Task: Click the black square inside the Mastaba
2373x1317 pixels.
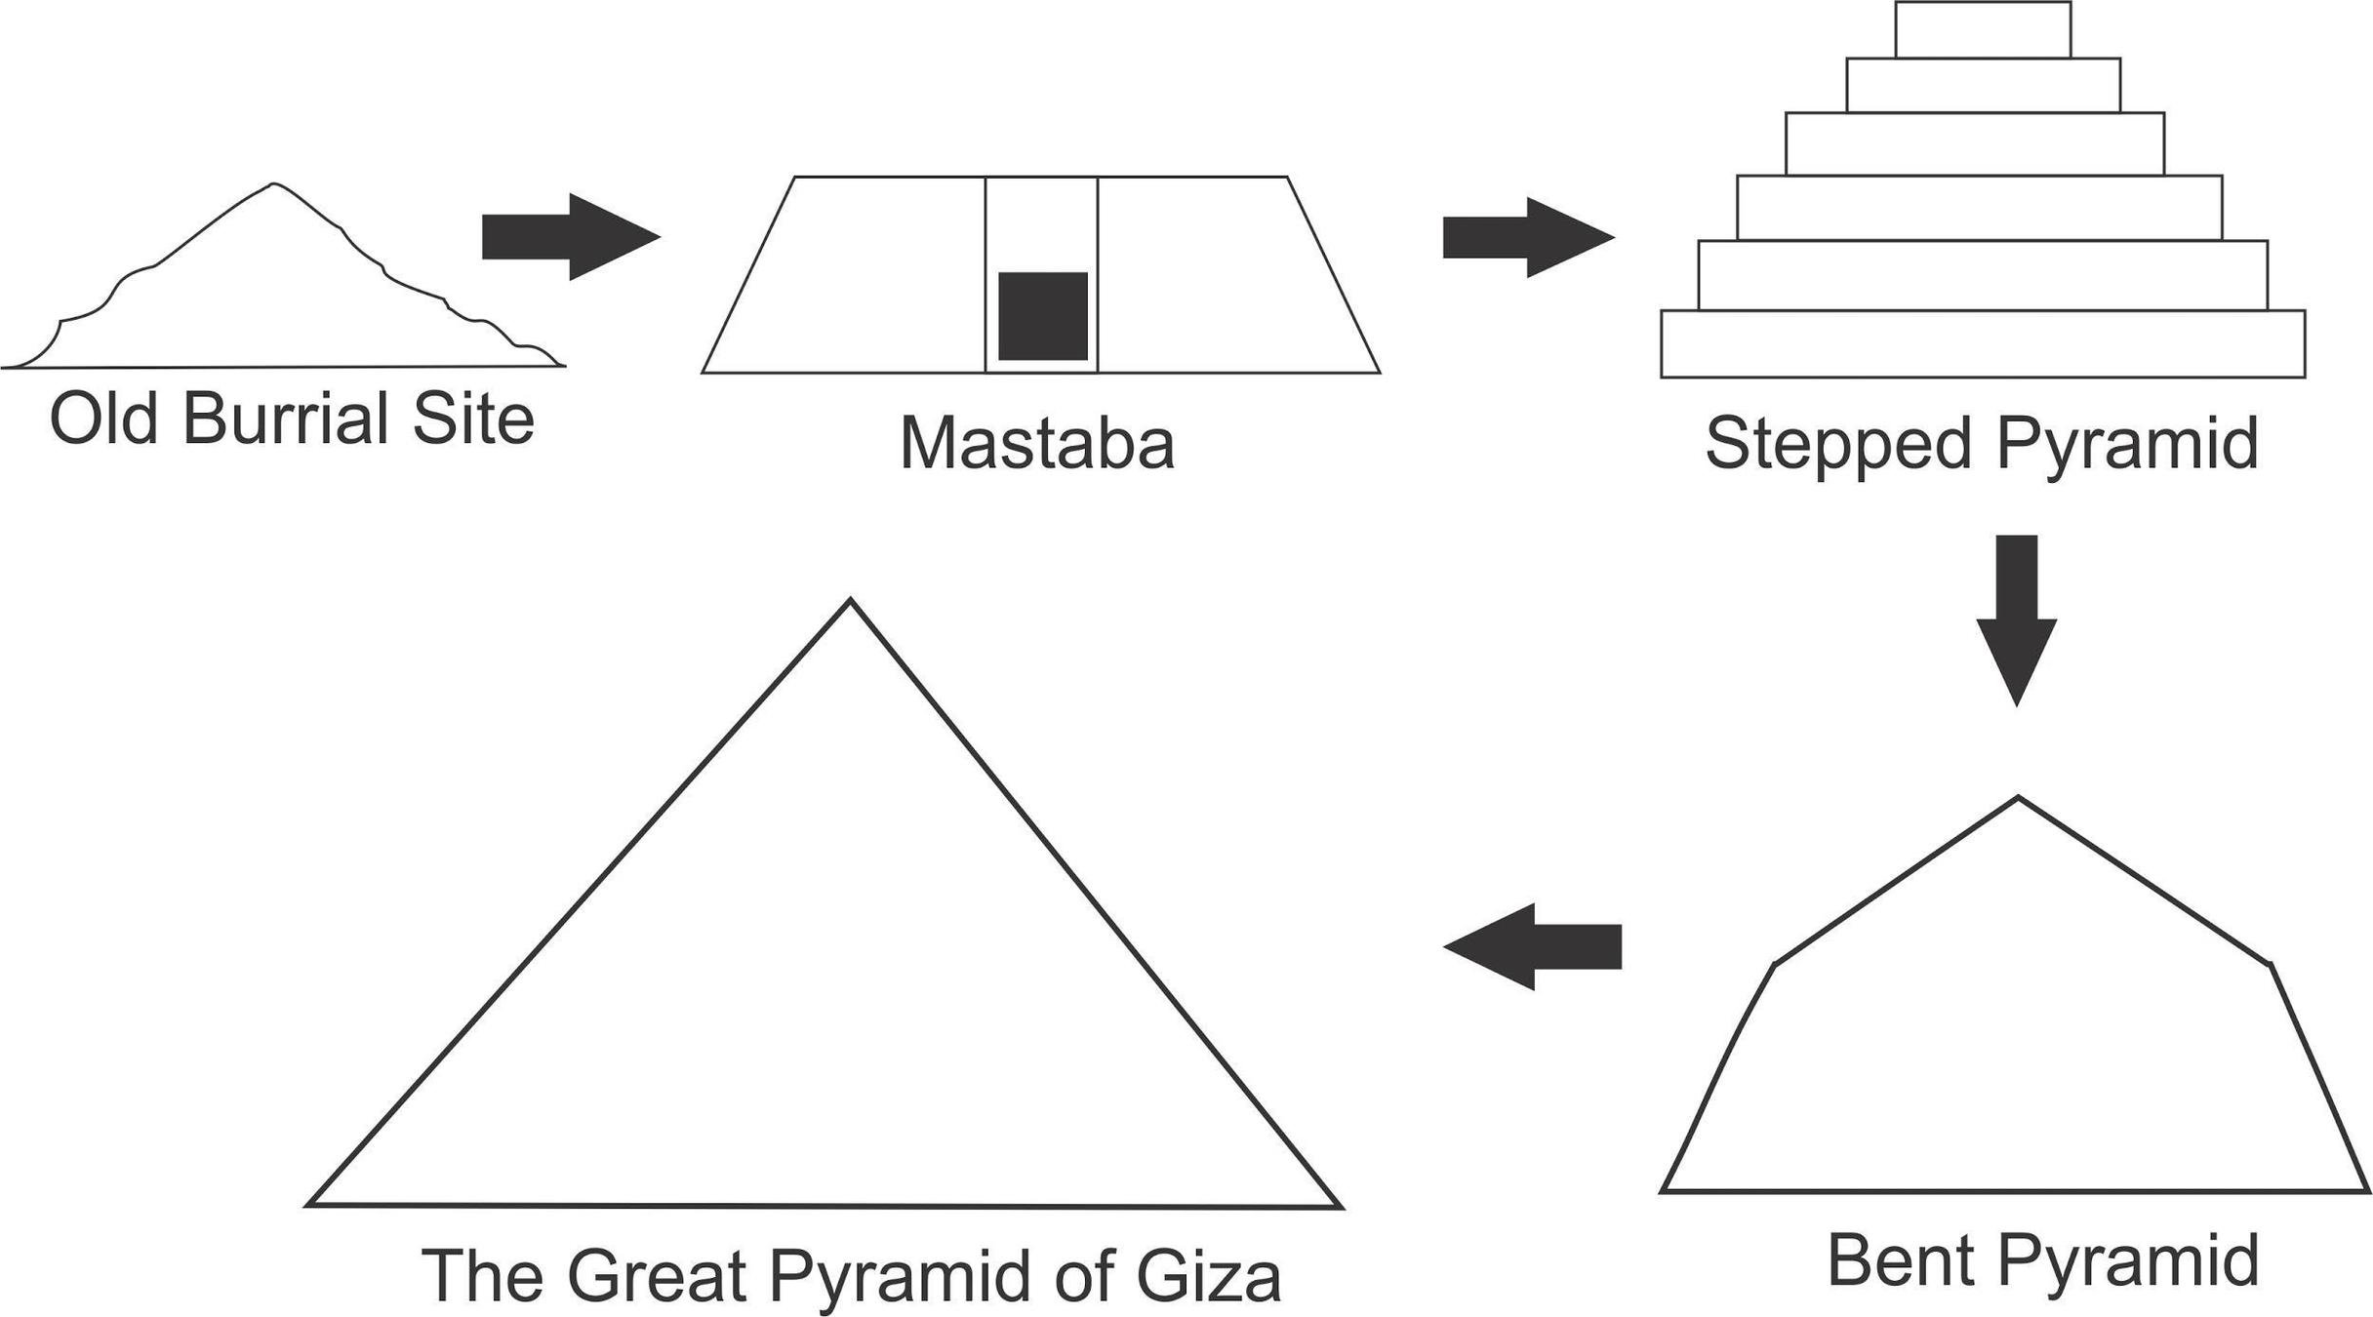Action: [1042, 316]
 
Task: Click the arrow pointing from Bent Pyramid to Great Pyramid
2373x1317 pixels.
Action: [1532, 946]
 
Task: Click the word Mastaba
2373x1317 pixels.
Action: [1036, 444]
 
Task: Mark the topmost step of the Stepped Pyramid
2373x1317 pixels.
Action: [1983, 29]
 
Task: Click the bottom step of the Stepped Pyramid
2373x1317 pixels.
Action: [1983, 343]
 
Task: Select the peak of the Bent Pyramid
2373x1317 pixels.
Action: [2018, 799]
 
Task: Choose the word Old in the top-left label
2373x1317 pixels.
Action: [103, 419]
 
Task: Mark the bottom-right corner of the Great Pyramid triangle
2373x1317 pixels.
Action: [1340, 1208]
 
